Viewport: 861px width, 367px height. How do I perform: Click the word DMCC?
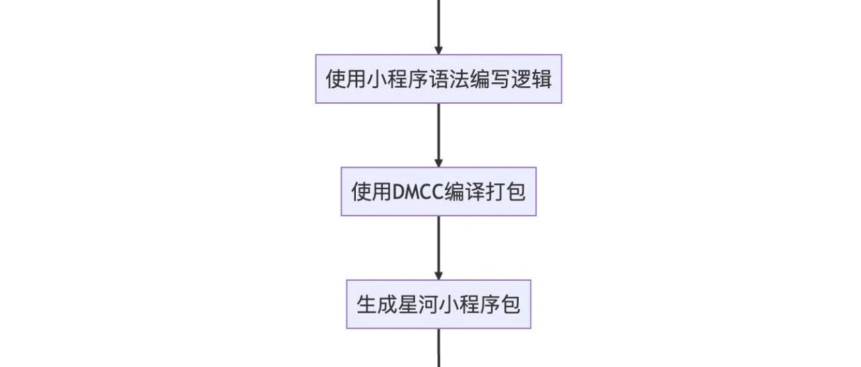tap(418, 191)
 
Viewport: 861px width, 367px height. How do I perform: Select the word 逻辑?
tap(531, 79)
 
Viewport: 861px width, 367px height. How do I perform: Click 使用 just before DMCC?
tap(372, 191)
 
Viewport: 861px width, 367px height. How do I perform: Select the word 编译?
tap(464, 191)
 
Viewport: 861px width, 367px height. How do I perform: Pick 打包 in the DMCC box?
tap(505, 191)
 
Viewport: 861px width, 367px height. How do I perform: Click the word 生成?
tap(377, 304)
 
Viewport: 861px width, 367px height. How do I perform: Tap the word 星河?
tap(418, 304)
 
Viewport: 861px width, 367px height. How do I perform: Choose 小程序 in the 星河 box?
tap(470, 304)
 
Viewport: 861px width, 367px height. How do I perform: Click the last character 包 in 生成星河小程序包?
tap(510, 304)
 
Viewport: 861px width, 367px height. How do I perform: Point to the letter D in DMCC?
tap(399, 191)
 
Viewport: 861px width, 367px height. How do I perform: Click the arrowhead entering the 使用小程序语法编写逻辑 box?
tap(439, 50)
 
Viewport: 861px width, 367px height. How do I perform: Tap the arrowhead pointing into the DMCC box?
tap(439, 163)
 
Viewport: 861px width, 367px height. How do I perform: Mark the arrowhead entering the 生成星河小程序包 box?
tap(439, 275)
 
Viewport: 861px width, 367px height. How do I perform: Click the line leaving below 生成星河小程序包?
tap(439, 347)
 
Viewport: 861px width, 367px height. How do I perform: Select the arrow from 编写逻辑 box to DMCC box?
tap(439, 135)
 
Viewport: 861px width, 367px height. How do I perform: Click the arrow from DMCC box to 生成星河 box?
tap(439, 248)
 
